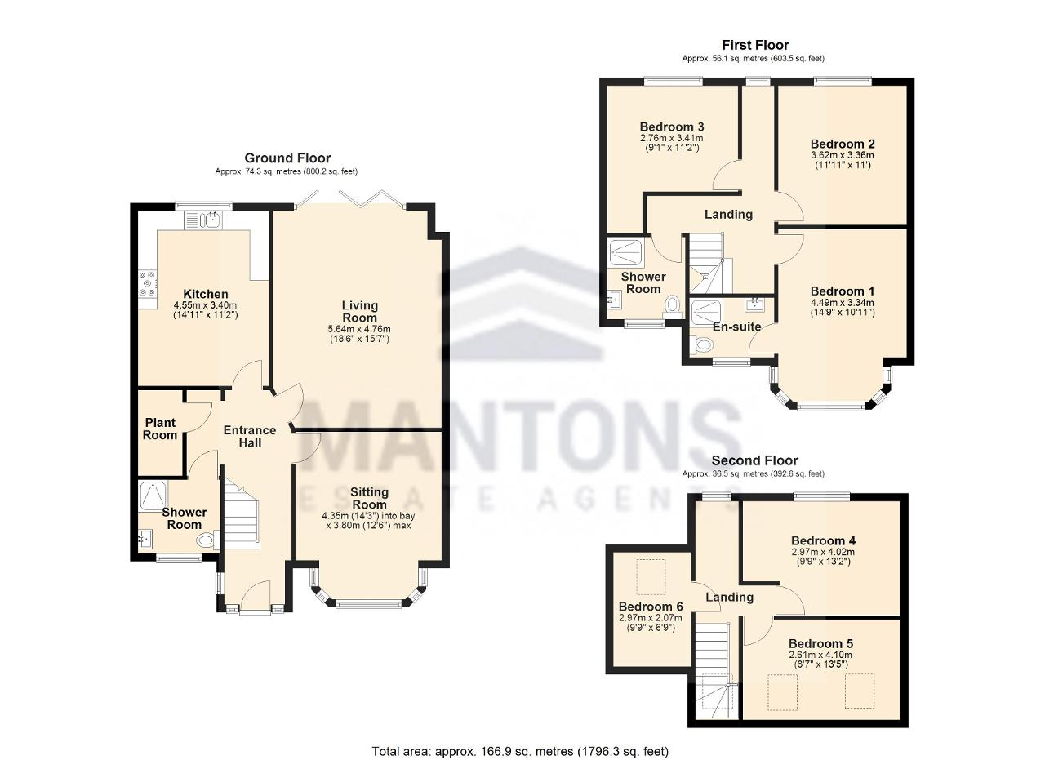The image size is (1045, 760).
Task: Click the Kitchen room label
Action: (205, 294)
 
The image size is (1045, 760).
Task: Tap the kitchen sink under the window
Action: (213, 220)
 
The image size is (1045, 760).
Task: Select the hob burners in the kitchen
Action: (148, 283)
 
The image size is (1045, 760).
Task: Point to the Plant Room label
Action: (160, 429)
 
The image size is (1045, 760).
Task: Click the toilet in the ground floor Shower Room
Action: (207, 540)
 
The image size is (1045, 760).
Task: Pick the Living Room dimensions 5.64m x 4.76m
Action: (359, 329)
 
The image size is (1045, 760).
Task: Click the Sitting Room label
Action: (369, 498)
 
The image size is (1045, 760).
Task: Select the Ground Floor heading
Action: (287, 158)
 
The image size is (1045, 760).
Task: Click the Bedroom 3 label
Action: (672, 127)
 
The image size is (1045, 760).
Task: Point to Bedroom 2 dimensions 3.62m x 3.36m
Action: (843, 155)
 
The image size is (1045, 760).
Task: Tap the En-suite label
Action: (736, 327)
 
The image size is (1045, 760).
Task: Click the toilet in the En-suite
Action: (702, 345)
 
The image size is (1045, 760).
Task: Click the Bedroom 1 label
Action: (843, 291)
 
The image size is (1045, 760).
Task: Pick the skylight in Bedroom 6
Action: (651, 576)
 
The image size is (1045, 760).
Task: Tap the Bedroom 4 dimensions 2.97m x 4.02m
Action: (824, 552)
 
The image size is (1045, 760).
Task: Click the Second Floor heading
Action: (755, 460)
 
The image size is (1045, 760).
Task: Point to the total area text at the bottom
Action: (520, 751)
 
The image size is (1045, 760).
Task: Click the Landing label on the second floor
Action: (730, 598)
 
